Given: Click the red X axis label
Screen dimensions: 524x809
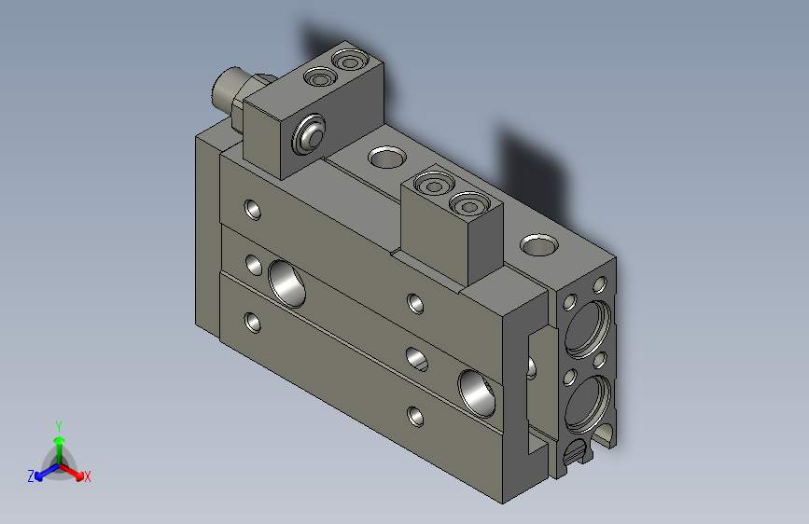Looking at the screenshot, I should (x=88, y=477).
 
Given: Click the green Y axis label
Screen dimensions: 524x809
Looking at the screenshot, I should (x=58, y=424).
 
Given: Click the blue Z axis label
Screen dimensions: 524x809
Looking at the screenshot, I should (x=31, y=476).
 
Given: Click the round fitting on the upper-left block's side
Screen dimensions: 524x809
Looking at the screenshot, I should (x=309, y=137).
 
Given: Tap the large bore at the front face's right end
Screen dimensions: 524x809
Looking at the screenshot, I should (x=477, y=392).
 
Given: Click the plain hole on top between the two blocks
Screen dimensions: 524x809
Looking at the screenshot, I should (x=384, y=157).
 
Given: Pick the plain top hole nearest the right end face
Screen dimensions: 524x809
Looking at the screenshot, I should (x=538, y=245).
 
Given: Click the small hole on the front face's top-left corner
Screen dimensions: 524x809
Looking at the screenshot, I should (x=253, y=208).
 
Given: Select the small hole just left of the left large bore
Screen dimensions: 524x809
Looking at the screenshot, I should (x=253, y=267).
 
